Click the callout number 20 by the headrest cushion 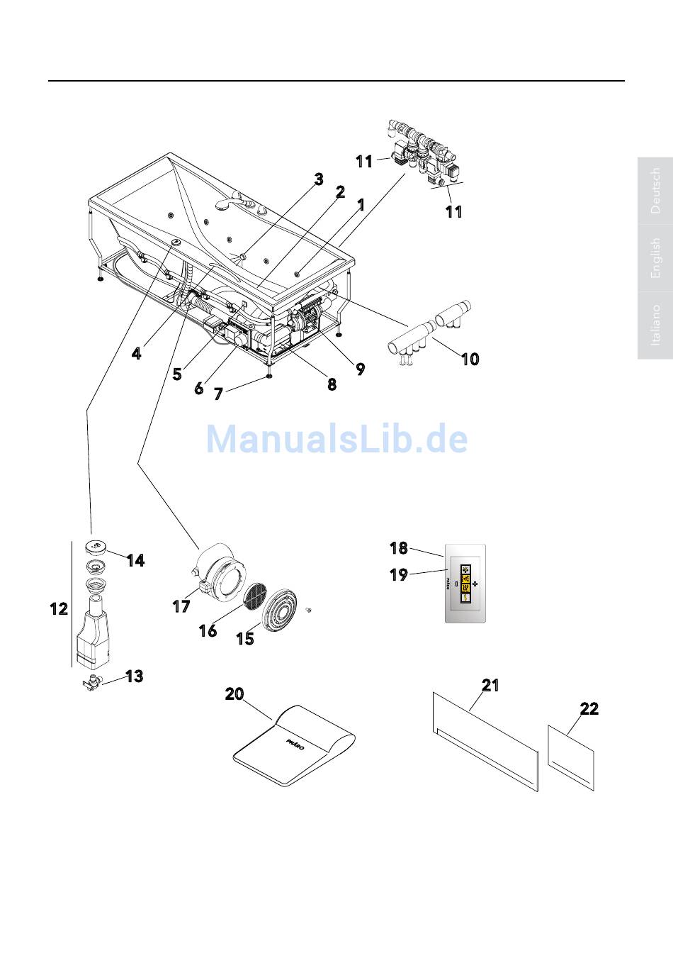[234, 694]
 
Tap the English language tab [655, 258]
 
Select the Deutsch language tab [655, 191]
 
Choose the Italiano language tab [655, 325]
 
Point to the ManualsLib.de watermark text [336, 439]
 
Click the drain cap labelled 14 [96, 546]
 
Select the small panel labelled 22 [571, 757]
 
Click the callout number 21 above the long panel [491, 685]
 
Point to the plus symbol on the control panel [475, 584]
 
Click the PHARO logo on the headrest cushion [295, 745]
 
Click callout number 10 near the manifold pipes [470, 359]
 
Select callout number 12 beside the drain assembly [59, 609]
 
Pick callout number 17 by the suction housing [181, 606]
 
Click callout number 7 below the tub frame [218, 394]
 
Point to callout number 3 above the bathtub [319, 179]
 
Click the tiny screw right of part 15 [309, 610]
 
